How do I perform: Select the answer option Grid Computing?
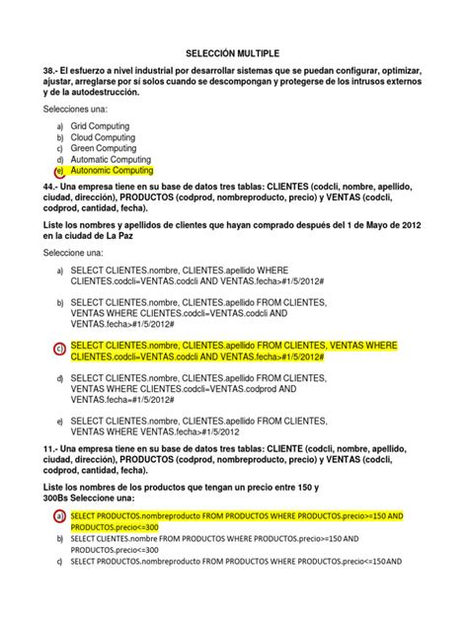[x=103, y=127]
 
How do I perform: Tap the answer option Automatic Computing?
[x=113, y=159]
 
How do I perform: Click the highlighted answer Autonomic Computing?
[x=113, y=170]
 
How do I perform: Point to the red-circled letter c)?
[x=60, y=350]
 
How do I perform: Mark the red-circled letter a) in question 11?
[x=60, y=516]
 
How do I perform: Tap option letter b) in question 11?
[x=60, y=539]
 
